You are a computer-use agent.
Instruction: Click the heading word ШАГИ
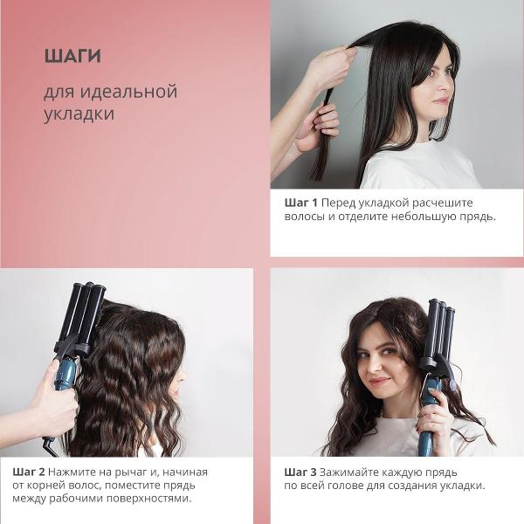[x=72, y=56]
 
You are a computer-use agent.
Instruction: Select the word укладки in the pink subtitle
[x=79, y=114]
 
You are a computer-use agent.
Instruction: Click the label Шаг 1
[x=300, y=203]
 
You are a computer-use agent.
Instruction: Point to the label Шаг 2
[x=29, y=472]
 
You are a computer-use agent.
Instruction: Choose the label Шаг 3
[x=300, y=472]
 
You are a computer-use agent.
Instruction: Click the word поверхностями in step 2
[x=149, y=499]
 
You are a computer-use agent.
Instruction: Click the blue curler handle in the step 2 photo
[x=65, y=374]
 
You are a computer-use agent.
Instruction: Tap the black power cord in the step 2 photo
[x=51, y=447]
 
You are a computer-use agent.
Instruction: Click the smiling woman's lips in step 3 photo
[x=380, y=381]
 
